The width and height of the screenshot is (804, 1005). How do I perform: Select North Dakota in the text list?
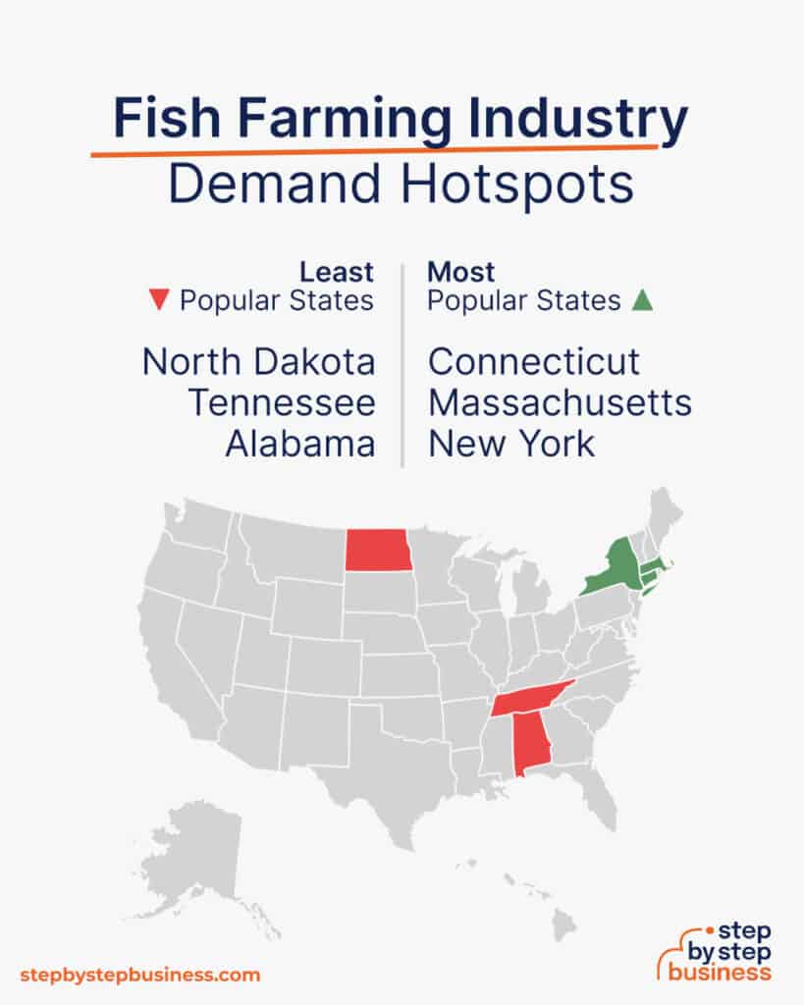point(258,362)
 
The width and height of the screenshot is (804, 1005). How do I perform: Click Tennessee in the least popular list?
point(282,402)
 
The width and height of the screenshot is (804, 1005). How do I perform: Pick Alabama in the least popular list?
point(299,444)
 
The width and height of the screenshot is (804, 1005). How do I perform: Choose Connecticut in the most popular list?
point(534,362)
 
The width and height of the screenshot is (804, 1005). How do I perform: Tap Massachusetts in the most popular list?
point(560,402)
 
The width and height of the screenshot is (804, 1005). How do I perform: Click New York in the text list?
point(511,444)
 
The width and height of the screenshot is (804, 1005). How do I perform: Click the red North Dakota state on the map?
point(378,550)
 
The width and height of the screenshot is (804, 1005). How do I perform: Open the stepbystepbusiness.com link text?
point(140,975)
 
